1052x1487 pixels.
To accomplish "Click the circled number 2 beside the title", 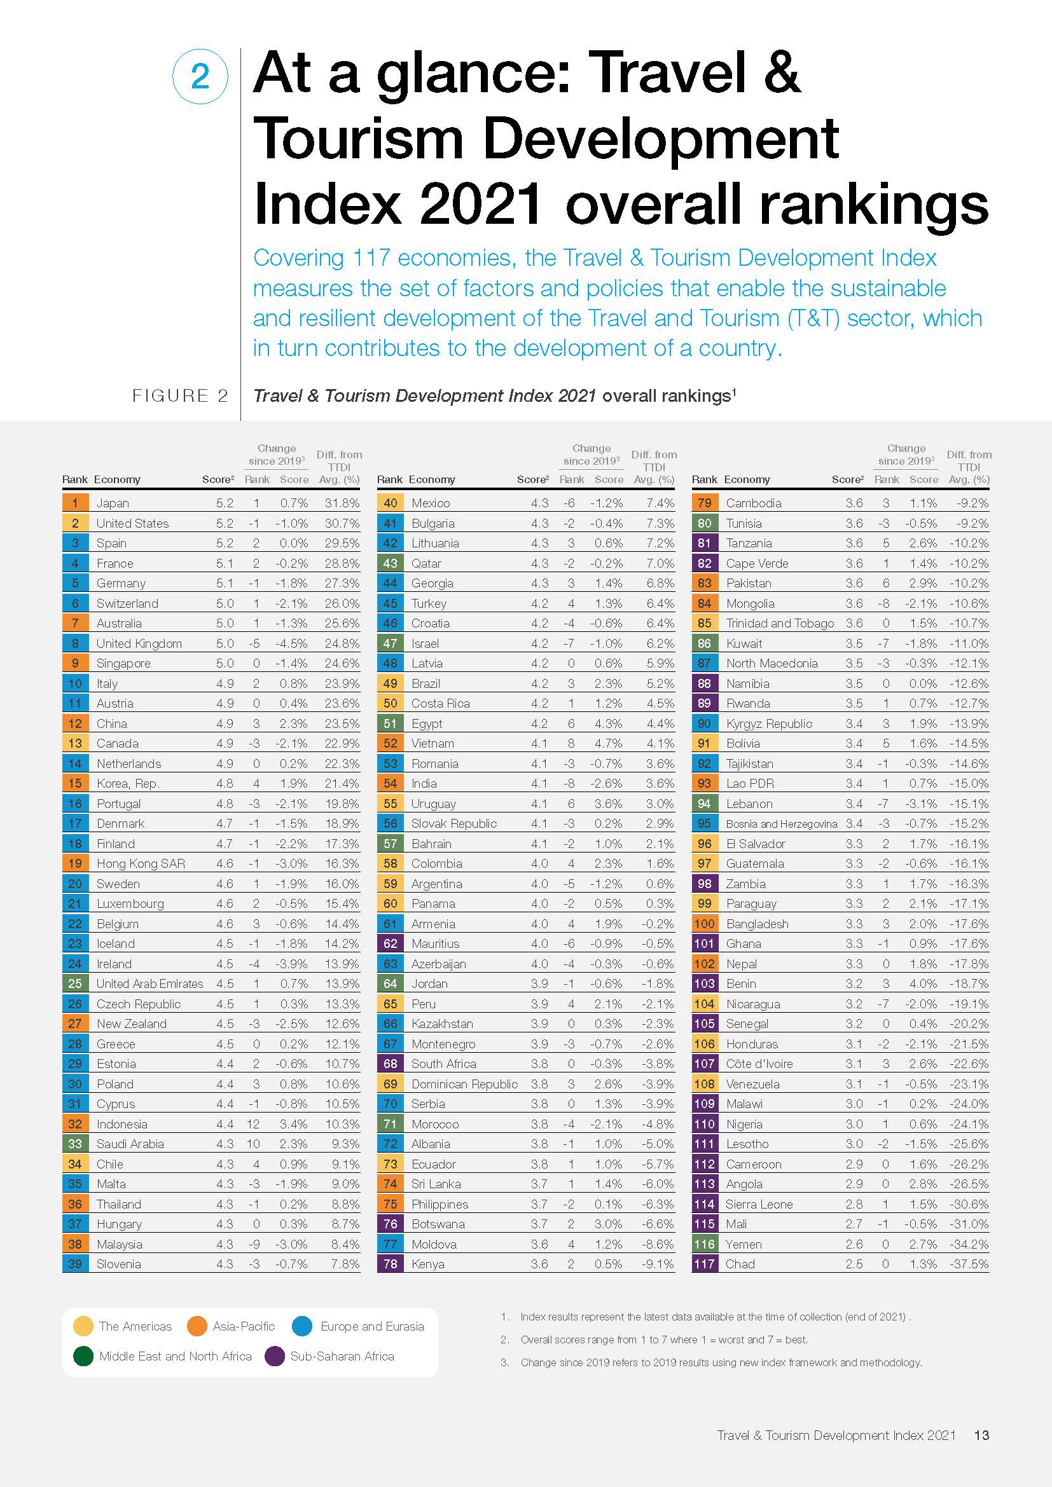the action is (x=200, y=76).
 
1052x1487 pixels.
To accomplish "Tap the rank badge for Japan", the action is (x=75, y=503).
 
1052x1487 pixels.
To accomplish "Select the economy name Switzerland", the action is (x=127, y=603).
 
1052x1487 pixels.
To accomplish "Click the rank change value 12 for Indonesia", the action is (x=253, y=1123).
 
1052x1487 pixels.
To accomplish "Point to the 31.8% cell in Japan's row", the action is (x=342, y=503).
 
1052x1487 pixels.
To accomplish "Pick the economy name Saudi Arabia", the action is (x=130, y=1144).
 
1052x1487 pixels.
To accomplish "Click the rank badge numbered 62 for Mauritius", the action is (x=390, y=943).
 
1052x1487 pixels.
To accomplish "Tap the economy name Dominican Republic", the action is (x=464, y=1083).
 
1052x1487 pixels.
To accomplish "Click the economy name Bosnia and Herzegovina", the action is (x=781, y=824).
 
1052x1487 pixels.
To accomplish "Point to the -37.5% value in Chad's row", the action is (x=969, y=1264).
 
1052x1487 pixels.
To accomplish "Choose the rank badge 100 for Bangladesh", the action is (x=705, y=924).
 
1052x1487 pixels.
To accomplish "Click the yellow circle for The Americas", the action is (x=83, y=1326).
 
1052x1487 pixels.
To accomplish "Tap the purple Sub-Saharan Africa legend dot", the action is (x=275, y=1356).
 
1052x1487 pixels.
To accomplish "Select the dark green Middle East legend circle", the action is (x=83, y=1356).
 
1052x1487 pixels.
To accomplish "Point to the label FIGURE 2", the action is (x=180, y=395).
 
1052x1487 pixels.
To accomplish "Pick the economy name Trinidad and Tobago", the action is (x=780, y=623).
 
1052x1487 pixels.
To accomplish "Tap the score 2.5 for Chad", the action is (x=854, y=1264).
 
